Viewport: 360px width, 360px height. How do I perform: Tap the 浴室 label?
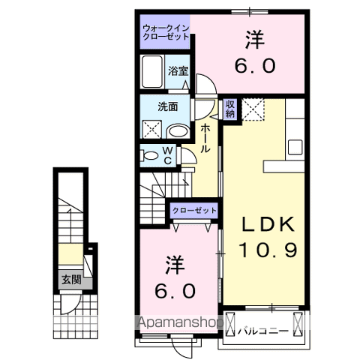[x=178, y=71]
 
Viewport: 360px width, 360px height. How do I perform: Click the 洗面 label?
[x=166, y=106]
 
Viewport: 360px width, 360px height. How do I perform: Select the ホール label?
[x=205, y=139]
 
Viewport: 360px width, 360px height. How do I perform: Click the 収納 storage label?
[x=229, y=109]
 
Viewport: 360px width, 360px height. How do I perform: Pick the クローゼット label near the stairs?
[x=194, y=211]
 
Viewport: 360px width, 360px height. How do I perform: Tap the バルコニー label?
[x=263, y=328]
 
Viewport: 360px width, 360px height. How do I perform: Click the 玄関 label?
[x=71, y=281]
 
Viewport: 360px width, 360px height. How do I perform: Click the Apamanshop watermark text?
[x=181, y=323]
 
